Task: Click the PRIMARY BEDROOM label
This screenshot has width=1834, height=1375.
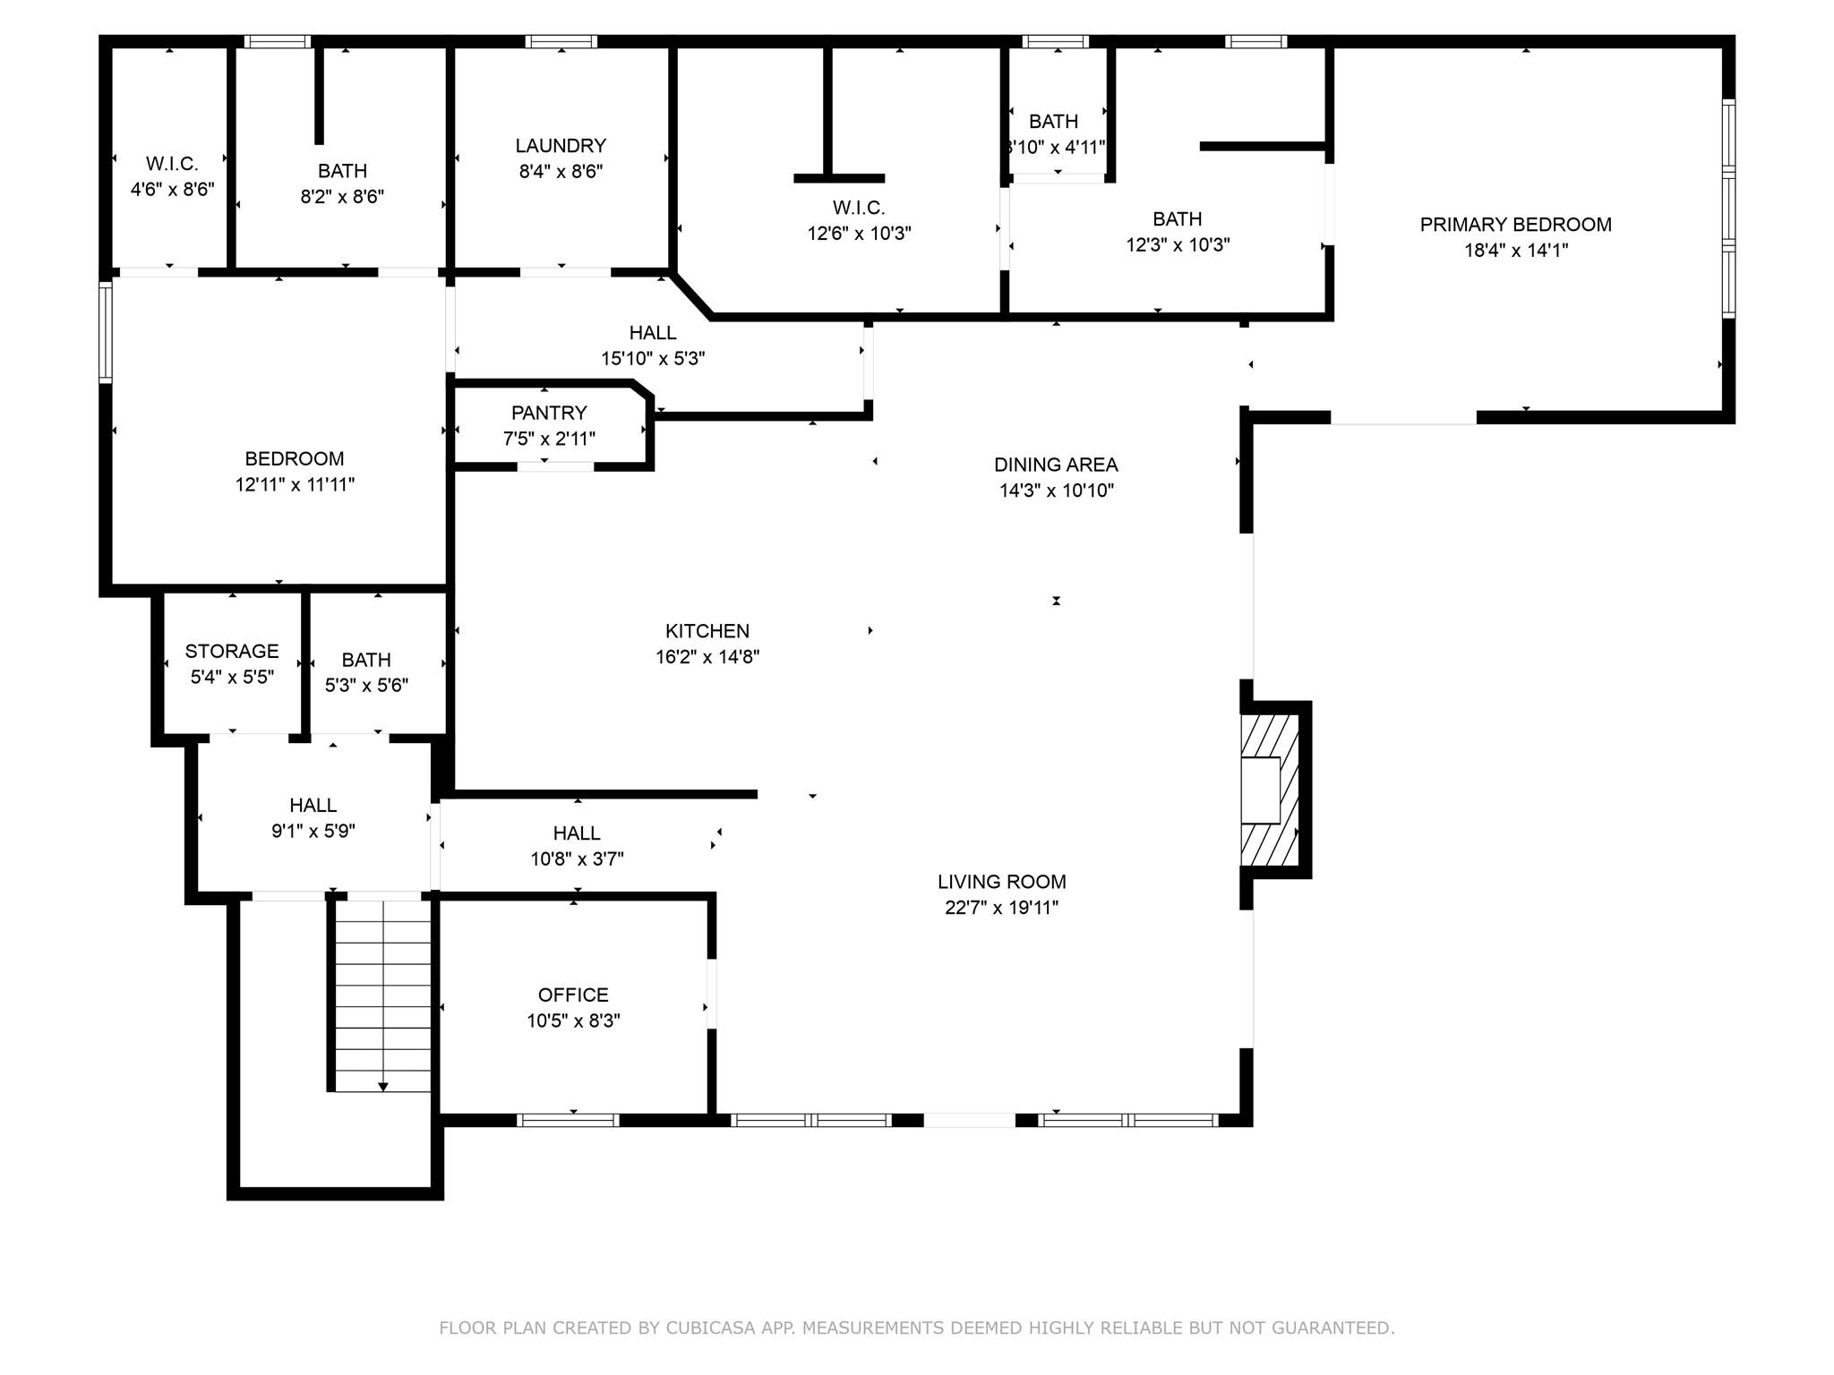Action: [x=1515, y=225]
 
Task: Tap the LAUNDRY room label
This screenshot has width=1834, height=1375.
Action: [x=561, y=146]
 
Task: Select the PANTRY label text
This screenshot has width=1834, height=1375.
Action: [x=549, y=413]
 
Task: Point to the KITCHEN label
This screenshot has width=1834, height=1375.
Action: [x=707, y=631]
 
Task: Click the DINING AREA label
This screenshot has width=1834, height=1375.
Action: [x=1056, y=465]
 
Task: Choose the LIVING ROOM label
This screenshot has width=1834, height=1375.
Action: [x=1002, y=882]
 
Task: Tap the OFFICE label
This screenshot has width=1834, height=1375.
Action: [x=573, y=995]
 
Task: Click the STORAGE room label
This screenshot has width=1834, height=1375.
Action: [x=232, y=651]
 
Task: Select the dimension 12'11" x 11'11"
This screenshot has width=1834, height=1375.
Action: [x=295, y=484]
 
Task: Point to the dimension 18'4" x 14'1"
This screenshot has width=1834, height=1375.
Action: [x=1516, y=251]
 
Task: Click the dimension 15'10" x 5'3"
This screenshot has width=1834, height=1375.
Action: [x=653, y=359]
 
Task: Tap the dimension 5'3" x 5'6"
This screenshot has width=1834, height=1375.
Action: [x=366, y=686]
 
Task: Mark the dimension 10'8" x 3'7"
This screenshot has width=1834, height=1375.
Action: [x=577, y=859]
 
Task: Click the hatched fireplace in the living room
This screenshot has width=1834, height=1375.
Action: [x=1270, y=790]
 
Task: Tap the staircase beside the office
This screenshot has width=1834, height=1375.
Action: [x=383, y=995]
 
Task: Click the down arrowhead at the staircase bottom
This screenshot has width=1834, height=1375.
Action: [x=383, y=1087]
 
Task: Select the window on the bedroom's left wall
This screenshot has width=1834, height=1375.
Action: [x=105, y=332]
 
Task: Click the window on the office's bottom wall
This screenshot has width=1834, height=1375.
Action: [x=568, y=1120]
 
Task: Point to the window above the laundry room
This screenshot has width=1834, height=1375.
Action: [x=561, y=41]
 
